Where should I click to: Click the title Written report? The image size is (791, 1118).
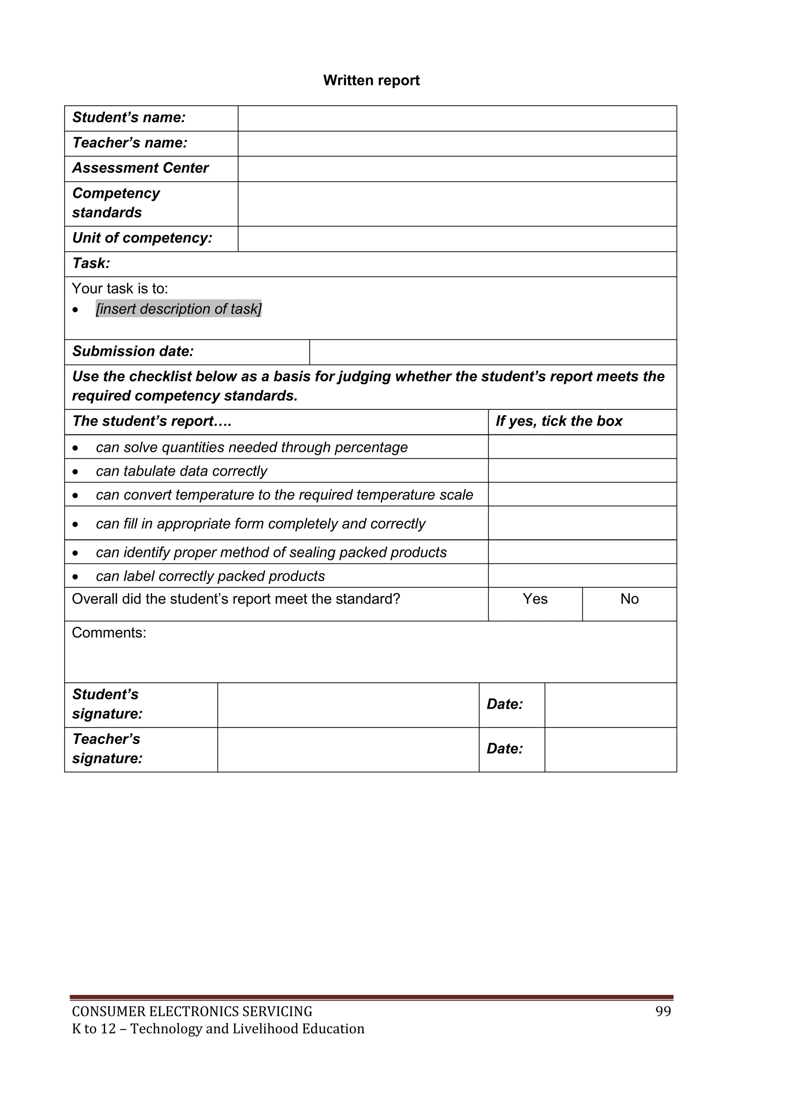pos(371,80)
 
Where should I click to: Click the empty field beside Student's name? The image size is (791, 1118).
pos(457,118)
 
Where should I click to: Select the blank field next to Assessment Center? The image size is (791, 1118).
pos(457,169)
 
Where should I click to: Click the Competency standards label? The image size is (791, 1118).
pos(116,203)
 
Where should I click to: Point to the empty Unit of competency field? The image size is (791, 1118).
pos(457,239)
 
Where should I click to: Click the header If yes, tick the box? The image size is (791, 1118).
pos(558,421)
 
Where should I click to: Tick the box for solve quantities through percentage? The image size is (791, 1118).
pos(582,447)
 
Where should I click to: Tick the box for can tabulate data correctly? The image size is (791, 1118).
pos(582,471)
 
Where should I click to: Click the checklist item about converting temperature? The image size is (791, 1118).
pos(284,495)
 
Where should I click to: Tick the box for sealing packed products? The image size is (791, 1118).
pos(582,552)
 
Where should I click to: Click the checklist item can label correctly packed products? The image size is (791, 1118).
pos(210,576)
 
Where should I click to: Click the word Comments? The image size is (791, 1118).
pos(109,633)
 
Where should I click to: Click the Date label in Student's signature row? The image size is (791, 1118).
pos(504,704)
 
